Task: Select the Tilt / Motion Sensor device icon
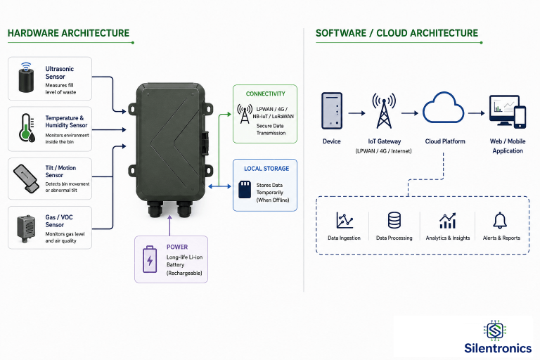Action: (x=26, y=179)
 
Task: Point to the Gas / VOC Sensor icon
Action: (x=26, y=229)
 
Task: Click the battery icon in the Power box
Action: (x=150, y=259)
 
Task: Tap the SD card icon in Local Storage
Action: (x=245, y=189)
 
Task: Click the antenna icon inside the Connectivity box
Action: (x=245, y=114)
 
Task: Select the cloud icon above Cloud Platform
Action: (x=443, y=108)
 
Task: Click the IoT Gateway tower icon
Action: (x=384, y=111)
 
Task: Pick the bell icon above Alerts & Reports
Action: (x=500, y=221)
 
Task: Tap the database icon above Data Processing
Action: (x=394, y=220)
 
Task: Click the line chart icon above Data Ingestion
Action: (x=345, y=220)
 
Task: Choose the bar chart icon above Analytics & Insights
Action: (x=448, y=221)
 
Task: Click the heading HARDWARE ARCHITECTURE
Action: (x=68, y=33)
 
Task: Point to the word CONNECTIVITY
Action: (x=266, y=94)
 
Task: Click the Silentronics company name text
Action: (x=498, y=348)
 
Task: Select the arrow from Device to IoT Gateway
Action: (x=356, y=113)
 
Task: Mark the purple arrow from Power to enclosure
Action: (x=169, y=226)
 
